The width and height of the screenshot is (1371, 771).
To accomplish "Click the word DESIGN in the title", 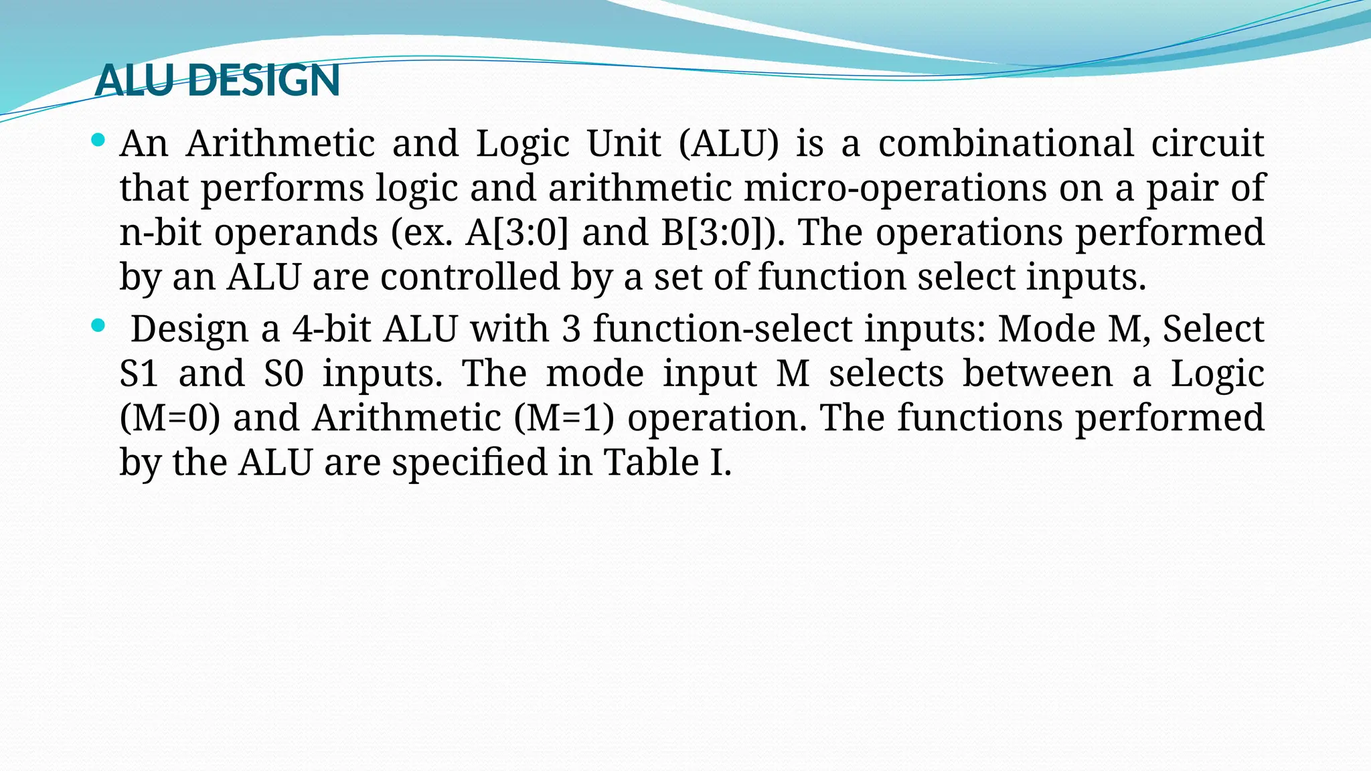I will click(264, 80).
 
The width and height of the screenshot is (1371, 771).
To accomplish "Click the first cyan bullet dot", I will click(98, 140).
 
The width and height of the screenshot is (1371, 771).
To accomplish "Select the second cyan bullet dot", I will click(98, 326).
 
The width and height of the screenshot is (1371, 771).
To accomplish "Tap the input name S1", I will click(139, 373).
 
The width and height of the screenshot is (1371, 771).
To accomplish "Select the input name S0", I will click(284, 373).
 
